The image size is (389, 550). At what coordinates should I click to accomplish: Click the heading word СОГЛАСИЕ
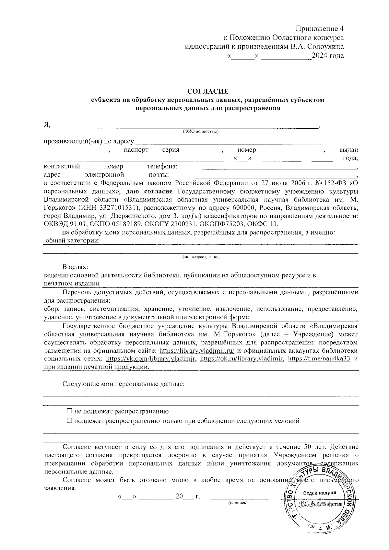208,91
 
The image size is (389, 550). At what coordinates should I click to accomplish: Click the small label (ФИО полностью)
200,132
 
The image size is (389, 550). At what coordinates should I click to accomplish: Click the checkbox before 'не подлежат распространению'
69,411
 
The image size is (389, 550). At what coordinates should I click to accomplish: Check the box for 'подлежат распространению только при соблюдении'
69,421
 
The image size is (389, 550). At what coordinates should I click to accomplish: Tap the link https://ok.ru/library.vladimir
242,359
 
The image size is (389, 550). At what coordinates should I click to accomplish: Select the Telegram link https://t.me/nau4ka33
319,359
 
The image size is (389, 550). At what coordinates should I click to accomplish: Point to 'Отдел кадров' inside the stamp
320,493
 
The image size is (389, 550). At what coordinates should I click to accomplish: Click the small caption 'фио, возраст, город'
200,257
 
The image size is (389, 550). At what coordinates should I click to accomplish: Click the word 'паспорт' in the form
136,150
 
